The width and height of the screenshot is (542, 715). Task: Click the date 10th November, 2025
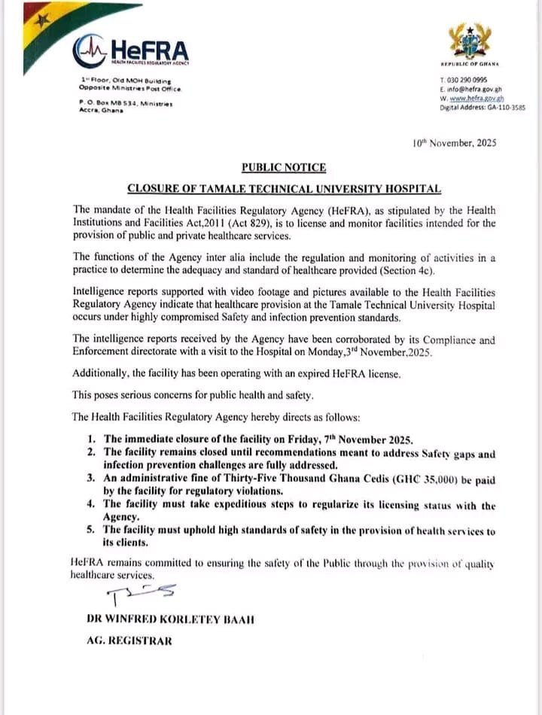[455, 142]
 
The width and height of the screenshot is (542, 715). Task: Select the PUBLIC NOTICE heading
[284, 167]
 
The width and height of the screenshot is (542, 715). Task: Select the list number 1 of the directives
[90, 439]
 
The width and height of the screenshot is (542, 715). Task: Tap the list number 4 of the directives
[90, 505]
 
